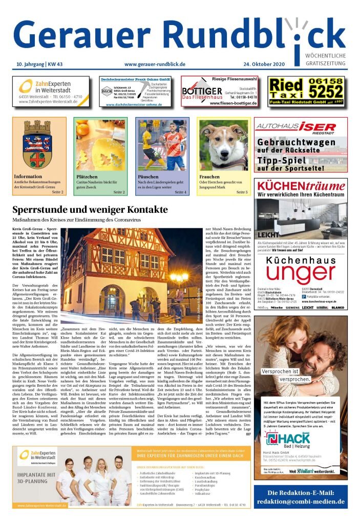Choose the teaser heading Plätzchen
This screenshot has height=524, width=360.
pos(87,177)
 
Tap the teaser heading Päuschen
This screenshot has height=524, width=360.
pos(149,177)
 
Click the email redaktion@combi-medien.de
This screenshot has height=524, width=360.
pos(301,501)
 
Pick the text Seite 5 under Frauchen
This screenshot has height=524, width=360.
pos(242,192)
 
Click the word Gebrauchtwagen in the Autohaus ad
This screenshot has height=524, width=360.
pos(297,142)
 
